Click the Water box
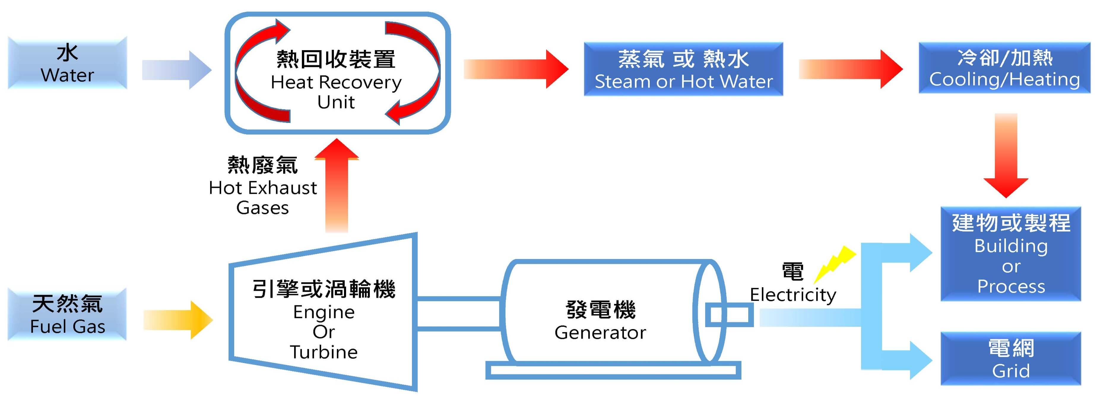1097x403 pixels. pos(67,63)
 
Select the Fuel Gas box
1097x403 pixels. pos(67,314)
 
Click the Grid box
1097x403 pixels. pos(1011,359)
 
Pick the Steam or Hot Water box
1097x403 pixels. pos(683,69)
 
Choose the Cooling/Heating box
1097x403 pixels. pos(1004,68)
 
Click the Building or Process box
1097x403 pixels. pos(1011,254)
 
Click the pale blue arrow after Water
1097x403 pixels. pos(176,70)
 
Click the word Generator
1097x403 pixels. pos(600,333)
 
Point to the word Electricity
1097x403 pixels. pos(793,295)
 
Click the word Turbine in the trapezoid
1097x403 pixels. pos(324,352)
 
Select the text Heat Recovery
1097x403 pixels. pos(336,82)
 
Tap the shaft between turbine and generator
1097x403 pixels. pos(459,313)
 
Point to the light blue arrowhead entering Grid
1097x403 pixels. pos(920,360)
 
